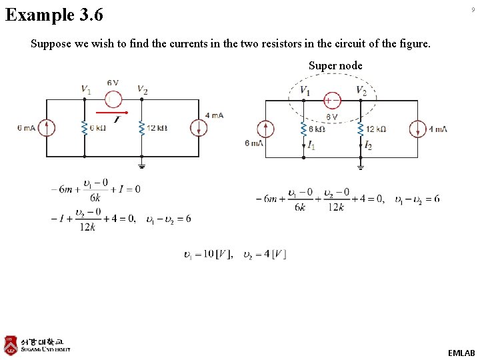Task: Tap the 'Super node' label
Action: [335, 65]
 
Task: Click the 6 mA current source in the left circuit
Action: [46, 128]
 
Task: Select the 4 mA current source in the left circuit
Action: [199, 128]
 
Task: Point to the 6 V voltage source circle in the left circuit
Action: [113, 99]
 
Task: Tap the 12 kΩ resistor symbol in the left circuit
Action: [141, 128]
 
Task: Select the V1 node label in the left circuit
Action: [86, 89]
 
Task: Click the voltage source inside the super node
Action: [331, 100]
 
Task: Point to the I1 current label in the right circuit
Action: [311, 145]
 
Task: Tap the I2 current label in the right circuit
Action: [368, 145]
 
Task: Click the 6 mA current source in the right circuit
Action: [265, 129]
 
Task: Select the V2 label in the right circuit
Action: [361, 91]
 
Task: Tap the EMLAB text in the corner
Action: [461, 353]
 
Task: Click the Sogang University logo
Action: [37, 345]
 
